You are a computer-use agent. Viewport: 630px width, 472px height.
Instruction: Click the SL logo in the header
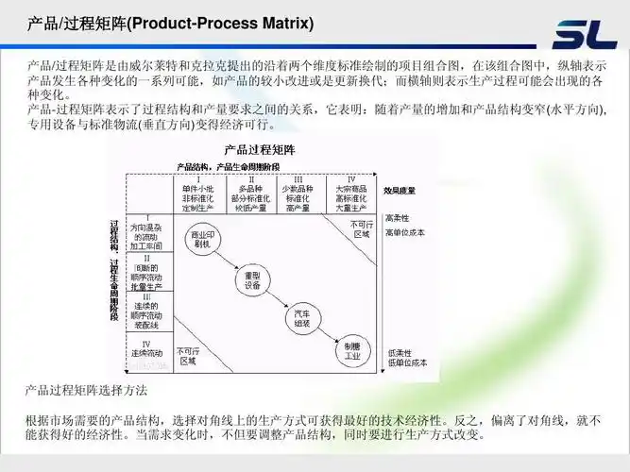coord(585,35)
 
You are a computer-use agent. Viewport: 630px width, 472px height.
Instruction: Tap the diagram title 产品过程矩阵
coord(260,150)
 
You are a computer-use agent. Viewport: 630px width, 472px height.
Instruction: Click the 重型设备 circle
coord(252,280)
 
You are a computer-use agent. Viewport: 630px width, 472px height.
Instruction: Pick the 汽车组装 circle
coord(302,316)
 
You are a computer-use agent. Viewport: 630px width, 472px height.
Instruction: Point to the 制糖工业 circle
coord(351,350)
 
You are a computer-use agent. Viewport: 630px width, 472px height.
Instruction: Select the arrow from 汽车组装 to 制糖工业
coord(327,333)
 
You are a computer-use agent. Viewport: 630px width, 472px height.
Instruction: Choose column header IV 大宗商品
coord(350,194)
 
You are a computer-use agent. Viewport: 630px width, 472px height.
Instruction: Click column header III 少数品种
coord(299,194)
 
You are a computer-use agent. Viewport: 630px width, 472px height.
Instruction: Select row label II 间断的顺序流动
coord(147,271)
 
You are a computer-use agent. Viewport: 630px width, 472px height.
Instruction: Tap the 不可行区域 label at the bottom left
coord(187,355)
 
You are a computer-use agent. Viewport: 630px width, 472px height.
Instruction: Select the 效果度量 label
coord(400,190)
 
